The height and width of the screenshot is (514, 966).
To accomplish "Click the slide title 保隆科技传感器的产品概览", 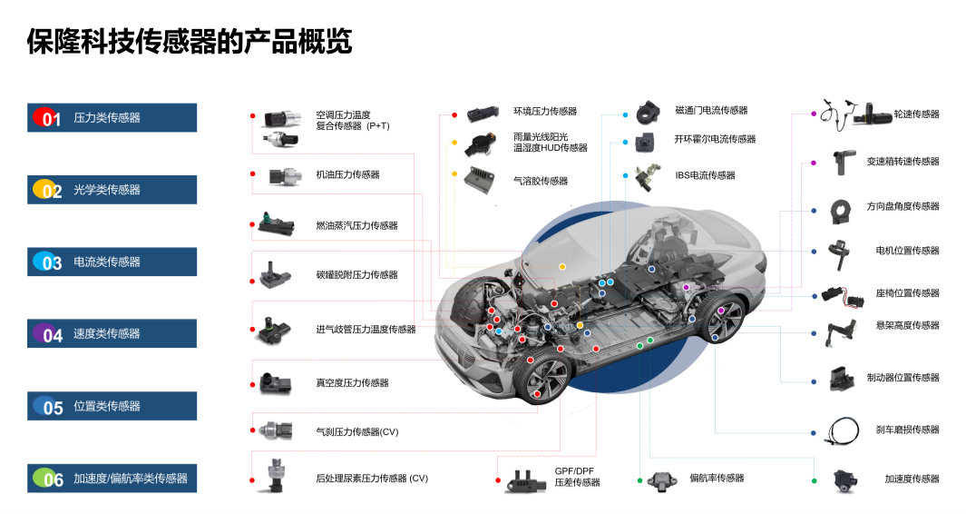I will tap(189, 42).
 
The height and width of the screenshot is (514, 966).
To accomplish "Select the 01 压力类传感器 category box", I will tap(112, 118).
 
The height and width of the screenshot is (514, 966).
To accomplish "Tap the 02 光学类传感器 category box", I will tap(112, 190).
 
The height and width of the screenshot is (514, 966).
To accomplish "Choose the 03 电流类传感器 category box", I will tap(112, 262).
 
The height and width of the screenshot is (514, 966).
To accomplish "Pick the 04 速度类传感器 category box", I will tap(112, 334).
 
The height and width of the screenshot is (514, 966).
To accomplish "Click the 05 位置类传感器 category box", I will tap(112, 406).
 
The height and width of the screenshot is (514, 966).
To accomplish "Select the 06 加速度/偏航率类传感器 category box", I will tap(112, 479).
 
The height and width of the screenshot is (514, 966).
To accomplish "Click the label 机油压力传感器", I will tap(347, 174).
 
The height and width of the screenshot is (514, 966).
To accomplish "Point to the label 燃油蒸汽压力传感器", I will tap(356, 225).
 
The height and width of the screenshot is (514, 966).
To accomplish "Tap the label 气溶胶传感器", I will tap(541, 181).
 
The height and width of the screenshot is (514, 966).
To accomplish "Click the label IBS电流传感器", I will tap(705, 175).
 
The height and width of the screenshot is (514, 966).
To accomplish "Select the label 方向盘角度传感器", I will tap(903, 206).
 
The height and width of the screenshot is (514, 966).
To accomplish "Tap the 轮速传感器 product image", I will tap(854, 114).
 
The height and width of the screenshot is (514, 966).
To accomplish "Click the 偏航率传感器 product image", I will tap(660, 479).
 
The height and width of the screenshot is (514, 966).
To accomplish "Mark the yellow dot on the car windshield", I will tap(562, 267).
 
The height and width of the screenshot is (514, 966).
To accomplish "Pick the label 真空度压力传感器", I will tap(352, 383).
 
